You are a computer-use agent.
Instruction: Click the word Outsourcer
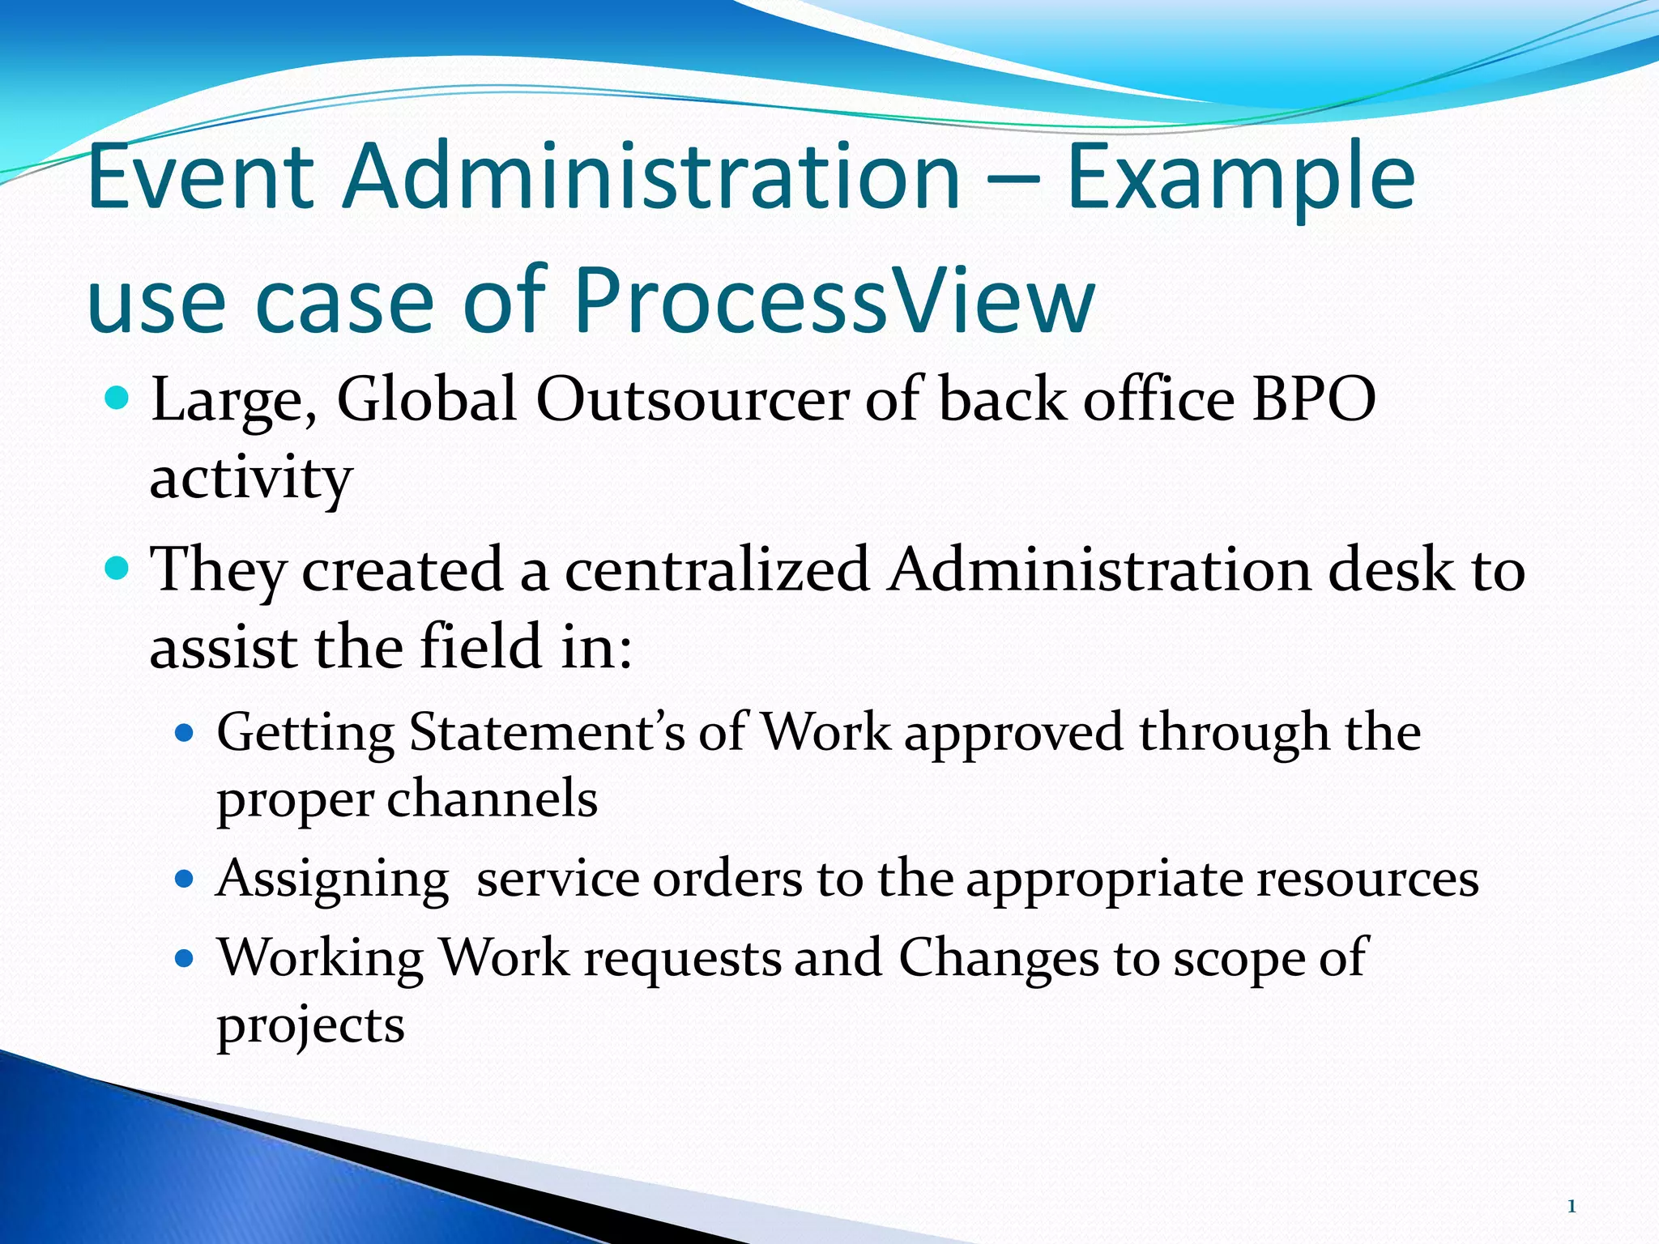[693, 399]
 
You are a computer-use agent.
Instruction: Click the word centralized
[717, 569]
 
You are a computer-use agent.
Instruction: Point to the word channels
[493, 799]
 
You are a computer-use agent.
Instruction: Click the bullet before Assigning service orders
[186, 879]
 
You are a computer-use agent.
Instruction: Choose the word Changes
[998, 958]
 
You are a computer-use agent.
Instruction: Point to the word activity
[251, 479]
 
